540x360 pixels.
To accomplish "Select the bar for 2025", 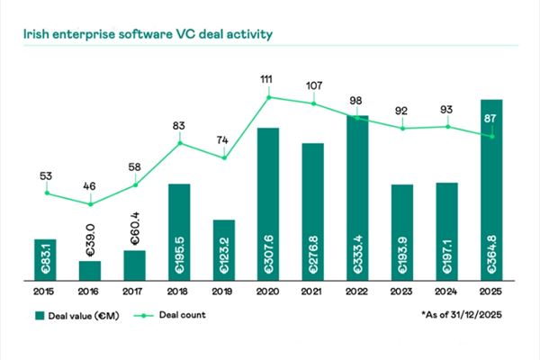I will pos(491,189).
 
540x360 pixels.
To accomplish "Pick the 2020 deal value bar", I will pos(268,203).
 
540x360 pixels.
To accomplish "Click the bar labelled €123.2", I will pos(224,249).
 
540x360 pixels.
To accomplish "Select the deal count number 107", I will pos(313,86).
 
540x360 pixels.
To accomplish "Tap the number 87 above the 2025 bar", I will pos(491,118).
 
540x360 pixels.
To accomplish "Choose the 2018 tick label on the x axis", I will pos(179,292).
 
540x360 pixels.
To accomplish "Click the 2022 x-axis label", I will pos(357,292).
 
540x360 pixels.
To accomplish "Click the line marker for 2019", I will pos(224,158).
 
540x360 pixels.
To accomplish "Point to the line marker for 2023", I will pos(402,129).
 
